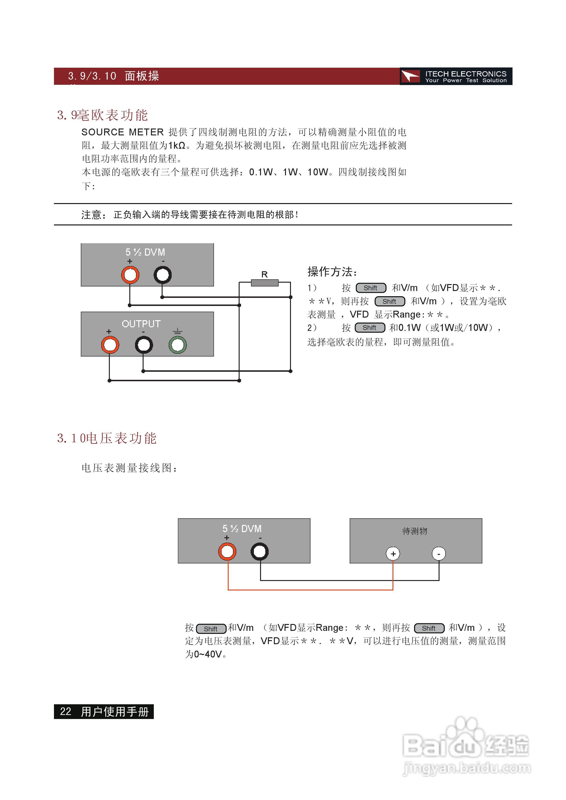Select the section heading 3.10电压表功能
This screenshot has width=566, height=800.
coord(107,438)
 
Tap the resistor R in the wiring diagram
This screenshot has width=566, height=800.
coord(265,283)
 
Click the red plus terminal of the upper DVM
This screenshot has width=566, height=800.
coord(130,275)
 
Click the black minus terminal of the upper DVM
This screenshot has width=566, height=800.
coord(163,275)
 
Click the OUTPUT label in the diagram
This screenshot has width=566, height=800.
coord(141,324)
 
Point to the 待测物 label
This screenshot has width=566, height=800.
coord(415,531)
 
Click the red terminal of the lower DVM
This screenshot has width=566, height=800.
coord(227,552)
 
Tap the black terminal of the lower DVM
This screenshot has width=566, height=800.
coord(259,552)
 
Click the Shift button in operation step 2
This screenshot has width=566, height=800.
coord(370,328)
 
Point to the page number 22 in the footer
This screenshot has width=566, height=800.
coord(66,711)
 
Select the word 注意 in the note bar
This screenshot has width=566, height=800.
coord(91,215)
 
